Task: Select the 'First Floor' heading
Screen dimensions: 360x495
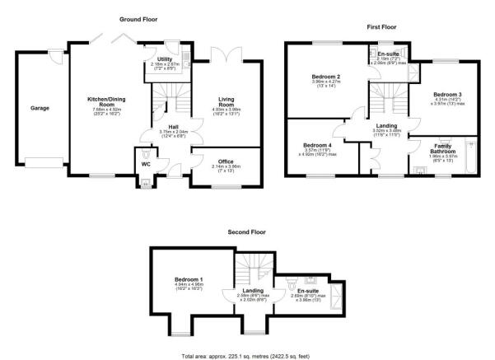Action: tap(383, 27)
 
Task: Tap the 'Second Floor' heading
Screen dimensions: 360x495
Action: tap(247, 233)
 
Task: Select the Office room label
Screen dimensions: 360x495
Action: tap(220, 161)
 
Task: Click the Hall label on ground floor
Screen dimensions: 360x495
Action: tap(174, 125)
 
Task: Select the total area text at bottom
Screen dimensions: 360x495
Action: tap(247, 354)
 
